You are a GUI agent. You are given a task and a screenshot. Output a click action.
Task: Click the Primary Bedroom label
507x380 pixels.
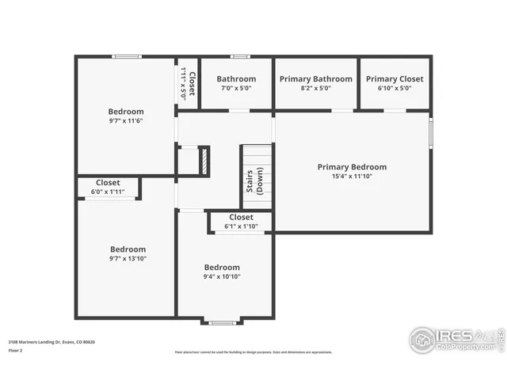click(x=352, y=167)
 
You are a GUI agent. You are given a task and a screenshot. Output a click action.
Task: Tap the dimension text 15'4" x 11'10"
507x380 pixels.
click(x=352, y=177)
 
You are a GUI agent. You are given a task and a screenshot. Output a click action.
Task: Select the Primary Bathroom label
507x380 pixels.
click(x=315, y=79)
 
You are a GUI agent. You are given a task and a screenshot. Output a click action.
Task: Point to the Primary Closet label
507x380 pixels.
click(x=395, y=79)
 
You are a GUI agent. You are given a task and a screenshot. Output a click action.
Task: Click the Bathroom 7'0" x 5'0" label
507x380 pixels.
click(x=236, y=79)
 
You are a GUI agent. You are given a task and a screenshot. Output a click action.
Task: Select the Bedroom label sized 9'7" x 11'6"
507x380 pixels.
click(x=126, y=112)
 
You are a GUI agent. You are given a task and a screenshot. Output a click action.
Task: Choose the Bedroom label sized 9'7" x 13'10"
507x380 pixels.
click(x=128, y=249)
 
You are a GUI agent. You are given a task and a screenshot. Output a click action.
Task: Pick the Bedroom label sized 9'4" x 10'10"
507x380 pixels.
click(x=222, y=268)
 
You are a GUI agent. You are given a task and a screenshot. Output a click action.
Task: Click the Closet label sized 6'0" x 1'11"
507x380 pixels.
click(x=108, y=183)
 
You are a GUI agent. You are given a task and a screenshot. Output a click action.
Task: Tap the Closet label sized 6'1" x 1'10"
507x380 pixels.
click(x=241, y=217)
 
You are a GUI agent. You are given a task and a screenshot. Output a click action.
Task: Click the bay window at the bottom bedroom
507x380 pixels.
click(x=222, y=321)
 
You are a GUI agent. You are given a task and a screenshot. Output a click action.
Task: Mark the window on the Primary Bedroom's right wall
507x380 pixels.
click(x=431, y=132)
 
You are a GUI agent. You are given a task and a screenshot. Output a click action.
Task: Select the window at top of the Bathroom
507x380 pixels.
click(x=240, y=56)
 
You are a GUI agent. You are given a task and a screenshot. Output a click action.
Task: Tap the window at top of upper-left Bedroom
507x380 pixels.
click(x=126, y=56)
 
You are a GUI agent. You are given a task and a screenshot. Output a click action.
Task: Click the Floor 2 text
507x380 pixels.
click(x=15, y=349)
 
